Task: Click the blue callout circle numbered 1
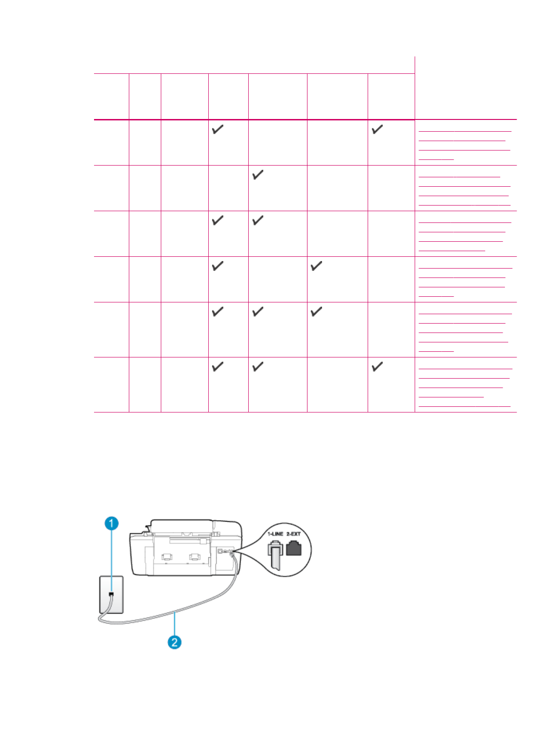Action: tap(111, 523)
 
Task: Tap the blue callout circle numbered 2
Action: tap(174, 642)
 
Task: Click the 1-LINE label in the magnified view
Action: tap(276, 534)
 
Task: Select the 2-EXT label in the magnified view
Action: tap(293, 534)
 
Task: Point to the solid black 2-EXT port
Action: tap(293, 548)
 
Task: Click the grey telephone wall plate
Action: tap(112, 594)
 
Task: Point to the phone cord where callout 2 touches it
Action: tap(175, 611)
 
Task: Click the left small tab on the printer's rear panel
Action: tap(166, 557)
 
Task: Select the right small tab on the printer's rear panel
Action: tap(194, 557)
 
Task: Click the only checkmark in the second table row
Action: tap(258, 175)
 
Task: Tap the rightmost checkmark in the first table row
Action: tap(377, 129)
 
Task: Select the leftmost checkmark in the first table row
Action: tap(218, 129)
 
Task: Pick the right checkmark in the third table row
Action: tap(258, 221)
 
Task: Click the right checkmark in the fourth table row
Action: tap(316, 266)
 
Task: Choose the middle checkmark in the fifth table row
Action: tap(258, 312)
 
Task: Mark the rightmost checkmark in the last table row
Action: tap(377, 367)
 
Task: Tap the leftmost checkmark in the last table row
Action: tap(218, 367)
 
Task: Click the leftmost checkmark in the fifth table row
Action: tap(218, 312)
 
